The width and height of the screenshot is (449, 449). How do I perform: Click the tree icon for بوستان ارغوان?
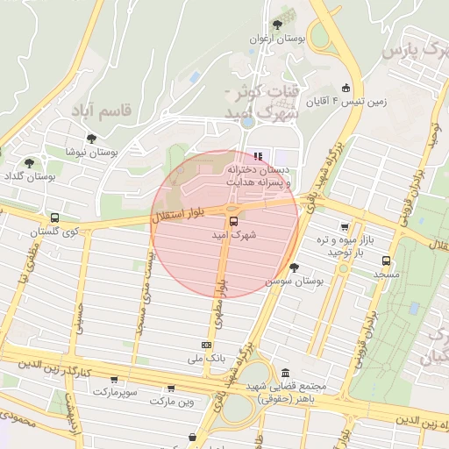point(278,25)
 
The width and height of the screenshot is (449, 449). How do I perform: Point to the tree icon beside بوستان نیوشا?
point(91,139)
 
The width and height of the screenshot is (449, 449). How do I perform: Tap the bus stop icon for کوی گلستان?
point(55,217)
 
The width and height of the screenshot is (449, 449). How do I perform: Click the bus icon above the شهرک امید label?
point(233,221)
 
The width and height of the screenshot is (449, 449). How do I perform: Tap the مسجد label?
point(386,274)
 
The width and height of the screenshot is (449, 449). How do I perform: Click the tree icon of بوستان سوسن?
point(294,267)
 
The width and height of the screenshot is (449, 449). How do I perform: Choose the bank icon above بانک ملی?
point(206,345)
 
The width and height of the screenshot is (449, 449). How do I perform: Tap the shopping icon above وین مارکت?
point(170,388)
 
